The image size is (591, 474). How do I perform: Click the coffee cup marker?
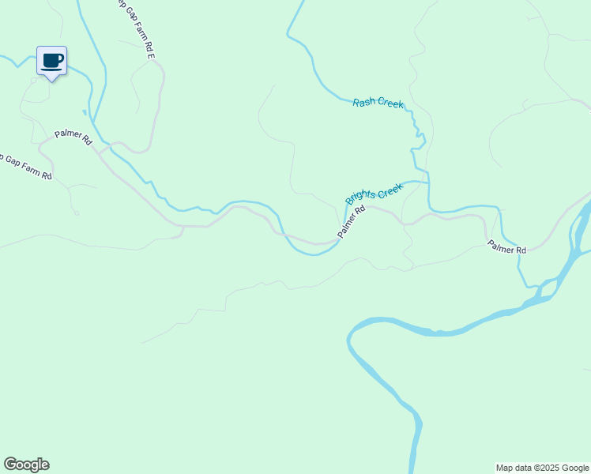click(52, 61)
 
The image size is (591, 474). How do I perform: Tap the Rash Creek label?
click(378, 103)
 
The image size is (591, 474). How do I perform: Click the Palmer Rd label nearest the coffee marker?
click(73, 137)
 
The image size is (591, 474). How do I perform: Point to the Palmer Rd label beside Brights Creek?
click(352, 222)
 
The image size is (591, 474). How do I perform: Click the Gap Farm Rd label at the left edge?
click(25, 166)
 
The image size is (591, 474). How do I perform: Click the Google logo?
click(26, 465)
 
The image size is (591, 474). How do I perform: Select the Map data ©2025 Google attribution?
click(542, 468)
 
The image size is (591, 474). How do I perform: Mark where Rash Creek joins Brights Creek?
click(427, 182)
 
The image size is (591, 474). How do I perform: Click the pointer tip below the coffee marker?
click(52, 80)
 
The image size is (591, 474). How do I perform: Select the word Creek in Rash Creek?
click(390, 104)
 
